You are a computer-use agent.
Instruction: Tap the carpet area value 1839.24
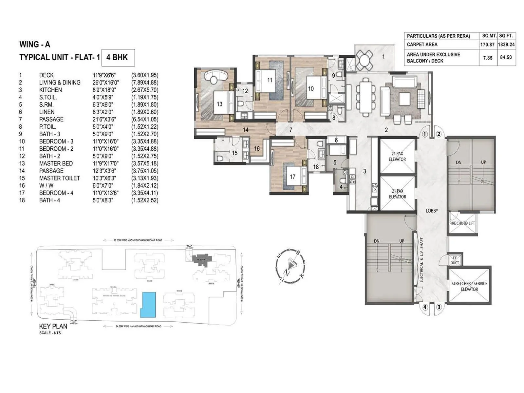pos(506,45)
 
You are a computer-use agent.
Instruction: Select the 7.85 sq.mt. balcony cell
pos(488,58)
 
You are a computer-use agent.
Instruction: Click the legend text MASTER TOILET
pos(59,178)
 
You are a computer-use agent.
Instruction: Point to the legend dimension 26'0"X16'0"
pos(105,83)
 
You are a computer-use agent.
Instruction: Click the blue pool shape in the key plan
pos(148,305)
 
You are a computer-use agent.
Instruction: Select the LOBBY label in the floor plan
pos(432,211)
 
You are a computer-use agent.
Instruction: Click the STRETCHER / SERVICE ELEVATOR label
pos(469,286)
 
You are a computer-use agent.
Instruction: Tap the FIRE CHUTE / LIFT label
pos(462,223)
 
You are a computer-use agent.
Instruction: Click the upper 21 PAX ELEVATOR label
pos(397,157)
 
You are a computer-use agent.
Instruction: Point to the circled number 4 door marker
pos(425,307)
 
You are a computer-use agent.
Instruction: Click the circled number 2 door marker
pos(439,134)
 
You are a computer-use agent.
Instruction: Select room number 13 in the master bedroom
pos(219,104)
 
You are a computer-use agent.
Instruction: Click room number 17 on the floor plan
pos(292,177)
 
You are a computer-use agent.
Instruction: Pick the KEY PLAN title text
pos(53,326)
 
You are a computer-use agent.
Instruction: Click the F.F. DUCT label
pos(455,260)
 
